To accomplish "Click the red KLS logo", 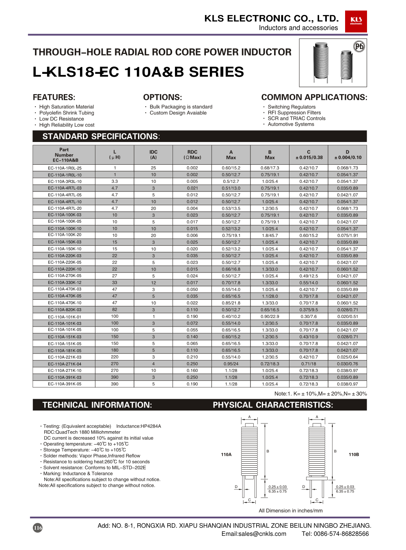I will tap(356, 21).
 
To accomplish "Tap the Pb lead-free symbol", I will tap(359, 46).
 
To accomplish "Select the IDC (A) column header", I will tap(153, 155).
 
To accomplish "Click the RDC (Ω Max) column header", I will tap(192, 155).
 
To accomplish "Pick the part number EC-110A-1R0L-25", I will tap(65, 168).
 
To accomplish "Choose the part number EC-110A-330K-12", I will tap(65, 283).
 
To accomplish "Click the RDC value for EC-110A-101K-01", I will tap(192, 317).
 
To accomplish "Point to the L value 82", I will tap(115, 309).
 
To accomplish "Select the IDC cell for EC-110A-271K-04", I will tap(153, 364).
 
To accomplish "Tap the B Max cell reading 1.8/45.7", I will tap(270, 235).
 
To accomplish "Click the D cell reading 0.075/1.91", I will tap(348, 235).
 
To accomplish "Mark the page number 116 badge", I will tap(38, 528).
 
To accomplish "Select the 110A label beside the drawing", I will tap(226, 455).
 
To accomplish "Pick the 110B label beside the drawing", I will tap(354, 455).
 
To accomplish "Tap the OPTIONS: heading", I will tap(162, 97).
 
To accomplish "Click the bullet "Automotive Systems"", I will tap(291, 125).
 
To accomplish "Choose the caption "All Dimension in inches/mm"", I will tap(291, 511).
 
